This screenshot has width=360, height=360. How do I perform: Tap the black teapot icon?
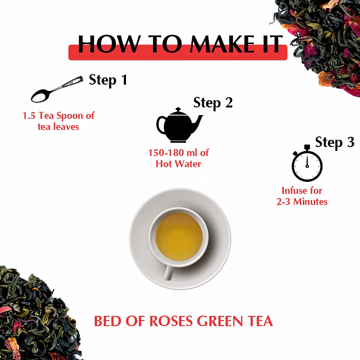tap(179, 125)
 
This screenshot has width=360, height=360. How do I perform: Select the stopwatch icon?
tap(307, 163)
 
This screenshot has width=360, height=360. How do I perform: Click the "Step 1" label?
tap(108, 80)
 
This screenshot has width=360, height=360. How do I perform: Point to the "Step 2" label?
tap(213, 103)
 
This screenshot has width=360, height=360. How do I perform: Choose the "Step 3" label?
tap(335, 142)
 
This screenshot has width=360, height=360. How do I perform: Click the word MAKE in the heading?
tap(222, 44)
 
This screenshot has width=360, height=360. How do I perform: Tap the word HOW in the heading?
tap(109, 44)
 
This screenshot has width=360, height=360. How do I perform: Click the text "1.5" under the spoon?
tap(29, 116)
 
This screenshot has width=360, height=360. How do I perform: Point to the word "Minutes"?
tap(310, 202)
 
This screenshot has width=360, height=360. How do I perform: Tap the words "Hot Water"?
tap(179, 164)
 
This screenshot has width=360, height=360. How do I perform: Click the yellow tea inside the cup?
tap(179, 237)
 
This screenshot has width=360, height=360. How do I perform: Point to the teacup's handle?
tap(168, 272)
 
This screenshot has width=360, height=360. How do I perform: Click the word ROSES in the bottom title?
tap(171, 321)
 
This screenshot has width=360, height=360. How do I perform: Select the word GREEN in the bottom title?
tap(220, 321)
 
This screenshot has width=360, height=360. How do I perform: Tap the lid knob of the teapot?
tap(178, 109)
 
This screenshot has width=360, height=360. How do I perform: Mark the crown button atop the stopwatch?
tap(307, 147)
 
